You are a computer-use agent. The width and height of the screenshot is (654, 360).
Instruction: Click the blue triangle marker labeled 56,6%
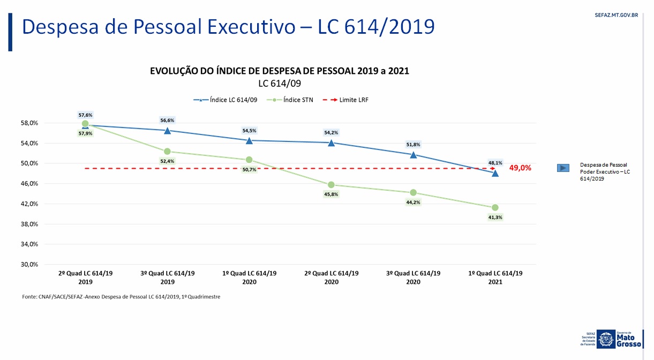point(167,130)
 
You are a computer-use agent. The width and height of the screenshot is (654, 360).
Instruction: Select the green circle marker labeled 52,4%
point(167,152)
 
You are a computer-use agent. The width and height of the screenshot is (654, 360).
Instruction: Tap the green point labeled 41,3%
point(495,207)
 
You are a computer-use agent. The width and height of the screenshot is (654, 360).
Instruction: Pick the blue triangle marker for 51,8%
point(413,154)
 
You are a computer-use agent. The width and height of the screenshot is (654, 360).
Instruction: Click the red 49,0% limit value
point(520,168)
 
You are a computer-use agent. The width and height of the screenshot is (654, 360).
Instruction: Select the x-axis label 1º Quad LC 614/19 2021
point(495,277)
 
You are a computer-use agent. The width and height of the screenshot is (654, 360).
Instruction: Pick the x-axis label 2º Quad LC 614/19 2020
point(331,277)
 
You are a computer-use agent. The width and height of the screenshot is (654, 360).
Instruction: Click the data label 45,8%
point(331,194)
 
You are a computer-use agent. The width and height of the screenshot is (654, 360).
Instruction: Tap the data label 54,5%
point(249,130)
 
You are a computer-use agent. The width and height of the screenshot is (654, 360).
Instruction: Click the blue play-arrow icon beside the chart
point(563,168)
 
